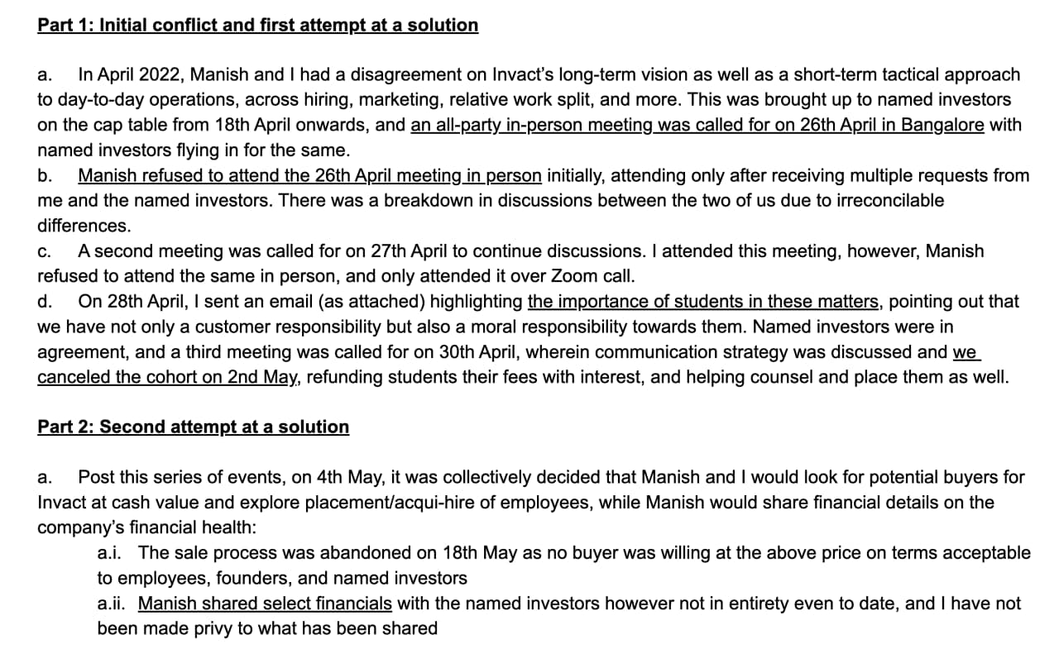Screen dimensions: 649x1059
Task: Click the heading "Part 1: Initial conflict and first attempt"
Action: [x=257, y=25]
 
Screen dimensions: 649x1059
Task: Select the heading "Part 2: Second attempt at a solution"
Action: [x=193, y=427]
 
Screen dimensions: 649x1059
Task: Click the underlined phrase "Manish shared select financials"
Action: [x=265, y=604]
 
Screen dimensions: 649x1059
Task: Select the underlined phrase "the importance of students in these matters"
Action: [x=703, y=302]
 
